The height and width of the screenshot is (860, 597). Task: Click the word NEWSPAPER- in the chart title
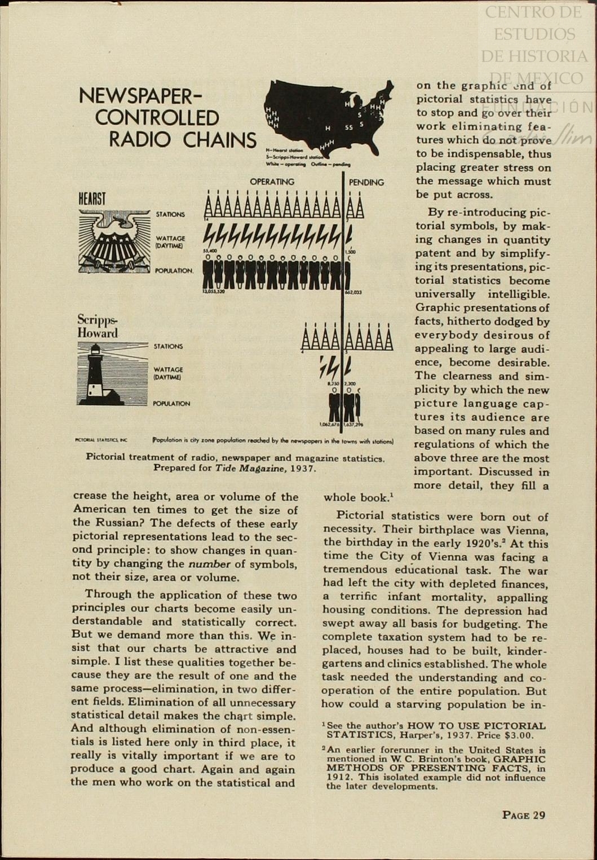tap(136, 96)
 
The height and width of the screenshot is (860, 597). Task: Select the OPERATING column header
tap(272, 182)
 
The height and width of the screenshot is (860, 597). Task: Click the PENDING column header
tap(366, 183)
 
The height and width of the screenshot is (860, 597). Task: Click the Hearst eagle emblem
tap(114, 241)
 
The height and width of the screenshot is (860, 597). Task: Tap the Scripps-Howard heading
tap(98, 326)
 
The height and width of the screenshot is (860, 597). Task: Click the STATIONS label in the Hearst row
tap(170, 214)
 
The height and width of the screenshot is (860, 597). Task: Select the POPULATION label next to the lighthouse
tap(171, 404)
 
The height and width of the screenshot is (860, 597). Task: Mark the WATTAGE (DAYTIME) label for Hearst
tap(170, 242)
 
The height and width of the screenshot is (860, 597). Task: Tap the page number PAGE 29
tap(524, 815)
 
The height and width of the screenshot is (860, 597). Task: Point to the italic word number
tap(209, 564)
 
